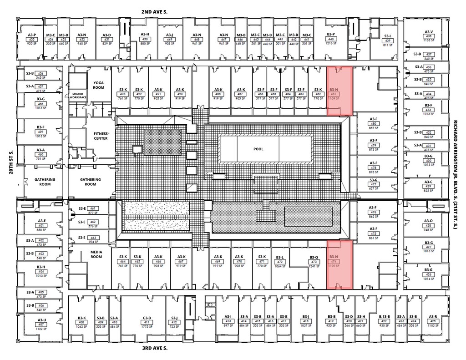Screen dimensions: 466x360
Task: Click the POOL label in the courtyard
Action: pyautogui.click(x=258, y=149)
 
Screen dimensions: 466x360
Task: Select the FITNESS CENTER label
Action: pyautogui.click(x=101, y=136)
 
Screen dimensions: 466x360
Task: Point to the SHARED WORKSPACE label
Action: pyautogui.click(x=78, y=96)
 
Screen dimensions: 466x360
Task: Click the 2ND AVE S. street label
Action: pyautogui.click(x=154, y=12)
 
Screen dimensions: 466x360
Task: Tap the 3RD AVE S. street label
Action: pyautogui.click(x=154, y=348)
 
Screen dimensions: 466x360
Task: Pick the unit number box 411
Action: pyautogui.click(x=147, y=322)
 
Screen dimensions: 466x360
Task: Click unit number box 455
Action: pyautogui.click(x=32, y=40)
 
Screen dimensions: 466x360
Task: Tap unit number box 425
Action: pyautogui.click(x=432, y=322)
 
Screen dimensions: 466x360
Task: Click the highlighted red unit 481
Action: pyautogui.click(x=339, y=91)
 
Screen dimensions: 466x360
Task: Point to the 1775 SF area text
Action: pyautogui.click(x=147, y=326)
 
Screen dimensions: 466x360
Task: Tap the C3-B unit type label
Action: pyautogui.click(x=147, y=317)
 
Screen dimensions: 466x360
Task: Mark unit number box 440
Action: pyautogui.click(x=331, y=40)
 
